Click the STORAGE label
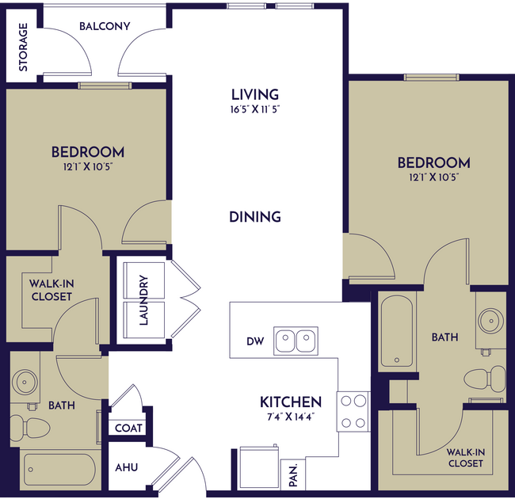[x=23, y=47]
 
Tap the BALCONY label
[x=105, y=26]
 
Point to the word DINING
[x=255, y=216]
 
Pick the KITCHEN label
[x=291, y=402]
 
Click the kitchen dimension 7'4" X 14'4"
[x=291, y=417]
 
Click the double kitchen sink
[x=296, y=341]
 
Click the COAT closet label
[x=128, y=428]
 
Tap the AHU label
[x=127, y=467]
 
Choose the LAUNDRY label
[x=143, y=300]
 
